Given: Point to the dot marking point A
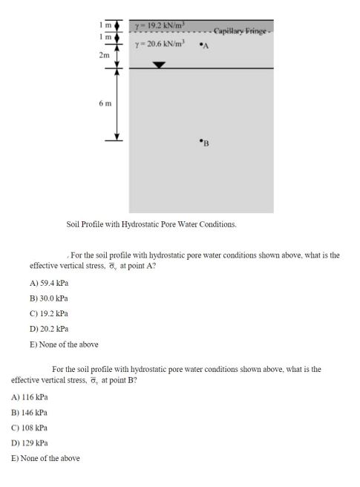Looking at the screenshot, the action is (200, 45).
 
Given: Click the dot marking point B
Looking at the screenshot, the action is (200, 140).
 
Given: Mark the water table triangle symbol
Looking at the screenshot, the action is (159, 65).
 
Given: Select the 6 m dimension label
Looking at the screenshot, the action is (105, 103).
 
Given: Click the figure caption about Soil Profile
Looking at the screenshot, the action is (151, 223).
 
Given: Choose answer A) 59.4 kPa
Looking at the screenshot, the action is (50, 283).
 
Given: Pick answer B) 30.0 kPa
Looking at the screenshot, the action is (50, 298).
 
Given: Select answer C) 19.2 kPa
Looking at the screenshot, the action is (50, 313).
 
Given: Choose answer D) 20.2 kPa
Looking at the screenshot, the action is (50, 328).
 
